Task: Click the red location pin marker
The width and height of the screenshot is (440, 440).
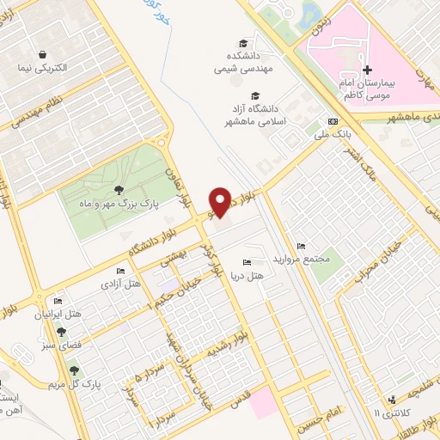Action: click(223, 202)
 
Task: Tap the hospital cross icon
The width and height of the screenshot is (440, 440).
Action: click(368, 70)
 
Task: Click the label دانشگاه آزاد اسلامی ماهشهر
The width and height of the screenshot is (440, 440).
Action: click(254, 114)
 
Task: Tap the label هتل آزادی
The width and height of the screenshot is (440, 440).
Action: click(120, 283)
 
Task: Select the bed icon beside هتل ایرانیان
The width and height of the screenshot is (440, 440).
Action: click(58, 301)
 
